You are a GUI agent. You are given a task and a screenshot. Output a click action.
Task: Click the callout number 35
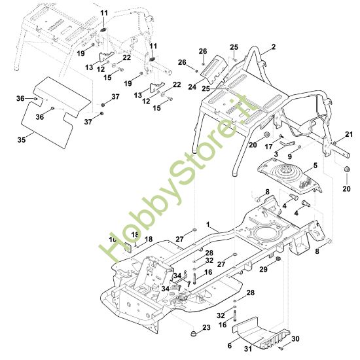click(22, 139)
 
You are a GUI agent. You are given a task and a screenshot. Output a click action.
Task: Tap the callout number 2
click(273, 47)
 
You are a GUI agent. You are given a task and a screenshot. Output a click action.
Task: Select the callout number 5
click(315, 166)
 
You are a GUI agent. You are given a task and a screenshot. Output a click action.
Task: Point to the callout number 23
click(206, 327)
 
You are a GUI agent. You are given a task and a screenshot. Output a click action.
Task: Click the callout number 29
click(264, 269)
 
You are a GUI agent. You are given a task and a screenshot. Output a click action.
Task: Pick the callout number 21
click(349, 134)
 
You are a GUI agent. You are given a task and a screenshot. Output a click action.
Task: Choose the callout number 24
click(192, 87)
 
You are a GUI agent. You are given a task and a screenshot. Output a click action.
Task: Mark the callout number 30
click(295, 338)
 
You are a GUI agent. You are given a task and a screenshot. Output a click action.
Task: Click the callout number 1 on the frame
click(208, 225)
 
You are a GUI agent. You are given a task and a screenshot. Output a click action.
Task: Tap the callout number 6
click(230, 346)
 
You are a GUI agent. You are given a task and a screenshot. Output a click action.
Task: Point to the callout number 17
click(268, 147)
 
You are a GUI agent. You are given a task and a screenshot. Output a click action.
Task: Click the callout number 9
click(290, 156)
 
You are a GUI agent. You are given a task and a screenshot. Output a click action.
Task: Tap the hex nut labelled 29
click(278, 259)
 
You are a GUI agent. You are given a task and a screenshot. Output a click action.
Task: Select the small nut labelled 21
click(335, 143)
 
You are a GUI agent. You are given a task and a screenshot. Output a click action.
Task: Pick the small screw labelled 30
click(281, 349)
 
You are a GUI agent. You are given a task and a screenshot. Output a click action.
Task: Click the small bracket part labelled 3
click(287, 143)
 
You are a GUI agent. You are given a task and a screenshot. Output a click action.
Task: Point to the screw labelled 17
click(280, 136)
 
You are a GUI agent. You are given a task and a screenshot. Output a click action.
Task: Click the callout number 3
click(276, 154)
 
